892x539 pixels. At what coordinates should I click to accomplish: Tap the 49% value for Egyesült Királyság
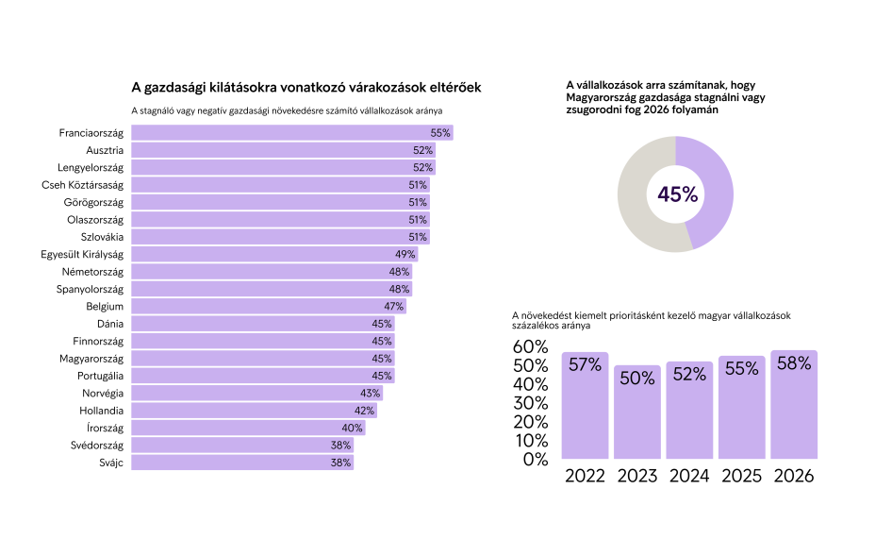[x=405, y=255]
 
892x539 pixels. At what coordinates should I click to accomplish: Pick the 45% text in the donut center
[x=677, y=194]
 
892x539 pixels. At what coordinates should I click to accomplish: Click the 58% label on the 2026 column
[x=793, y=363]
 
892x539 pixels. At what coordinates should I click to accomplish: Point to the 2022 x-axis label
[x=585, y=476]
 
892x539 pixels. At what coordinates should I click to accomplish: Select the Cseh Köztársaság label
[x=83, y=185]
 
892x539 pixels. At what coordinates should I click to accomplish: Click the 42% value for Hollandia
[x=365, y=411]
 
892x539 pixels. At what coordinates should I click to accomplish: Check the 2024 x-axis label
[x=689, y=476]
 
